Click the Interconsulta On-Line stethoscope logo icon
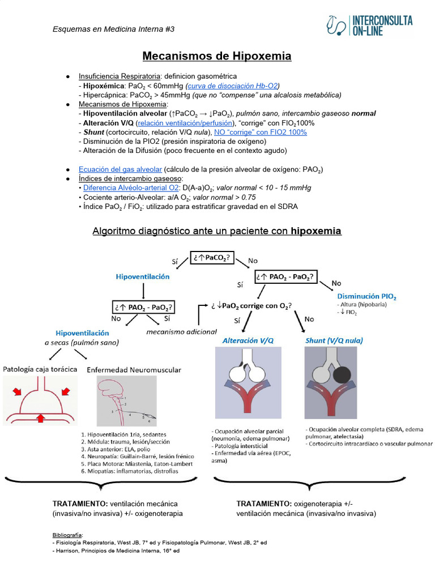[337, 25]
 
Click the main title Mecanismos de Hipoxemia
[217, 56]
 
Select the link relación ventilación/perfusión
[185, 123]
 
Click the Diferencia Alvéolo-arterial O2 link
[131, 187]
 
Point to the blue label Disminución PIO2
[366, 296]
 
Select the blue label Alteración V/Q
[248, 340]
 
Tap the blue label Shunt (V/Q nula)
[334, 340]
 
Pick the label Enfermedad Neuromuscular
[134, 370]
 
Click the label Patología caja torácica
[40, 369]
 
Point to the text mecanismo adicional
[181, 331]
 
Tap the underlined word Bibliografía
[67, 534]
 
